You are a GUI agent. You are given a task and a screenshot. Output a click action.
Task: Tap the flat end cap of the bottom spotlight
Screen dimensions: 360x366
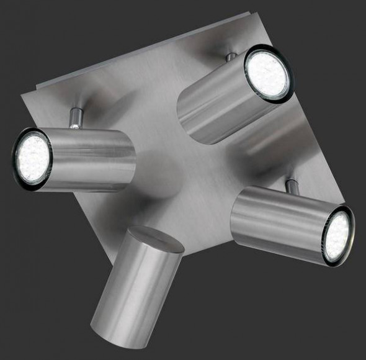(x=155, y=240)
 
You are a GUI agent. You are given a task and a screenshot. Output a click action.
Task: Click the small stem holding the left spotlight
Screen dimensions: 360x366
(x=75, y=117)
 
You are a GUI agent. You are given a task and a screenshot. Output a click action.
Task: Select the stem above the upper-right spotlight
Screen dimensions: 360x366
(x=231, y=57)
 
